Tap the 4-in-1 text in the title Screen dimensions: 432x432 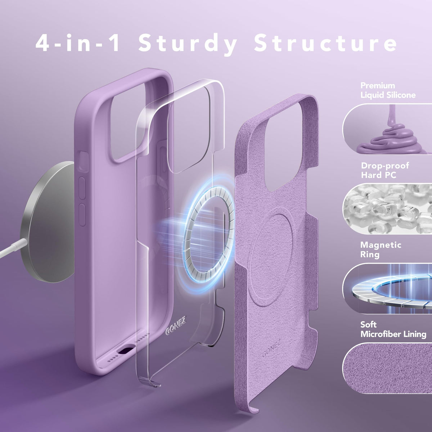click(x=77, y=42)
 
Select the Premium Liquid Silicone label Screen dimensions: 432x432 click(x=388, y=90)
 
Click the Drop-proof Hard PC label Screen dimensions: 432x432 click(x=385, y=170)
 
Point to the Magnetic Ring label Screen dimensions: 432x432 click(x=381, y=249)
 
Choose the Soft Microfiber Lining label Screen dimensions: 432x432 click(x=393, y=329)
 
